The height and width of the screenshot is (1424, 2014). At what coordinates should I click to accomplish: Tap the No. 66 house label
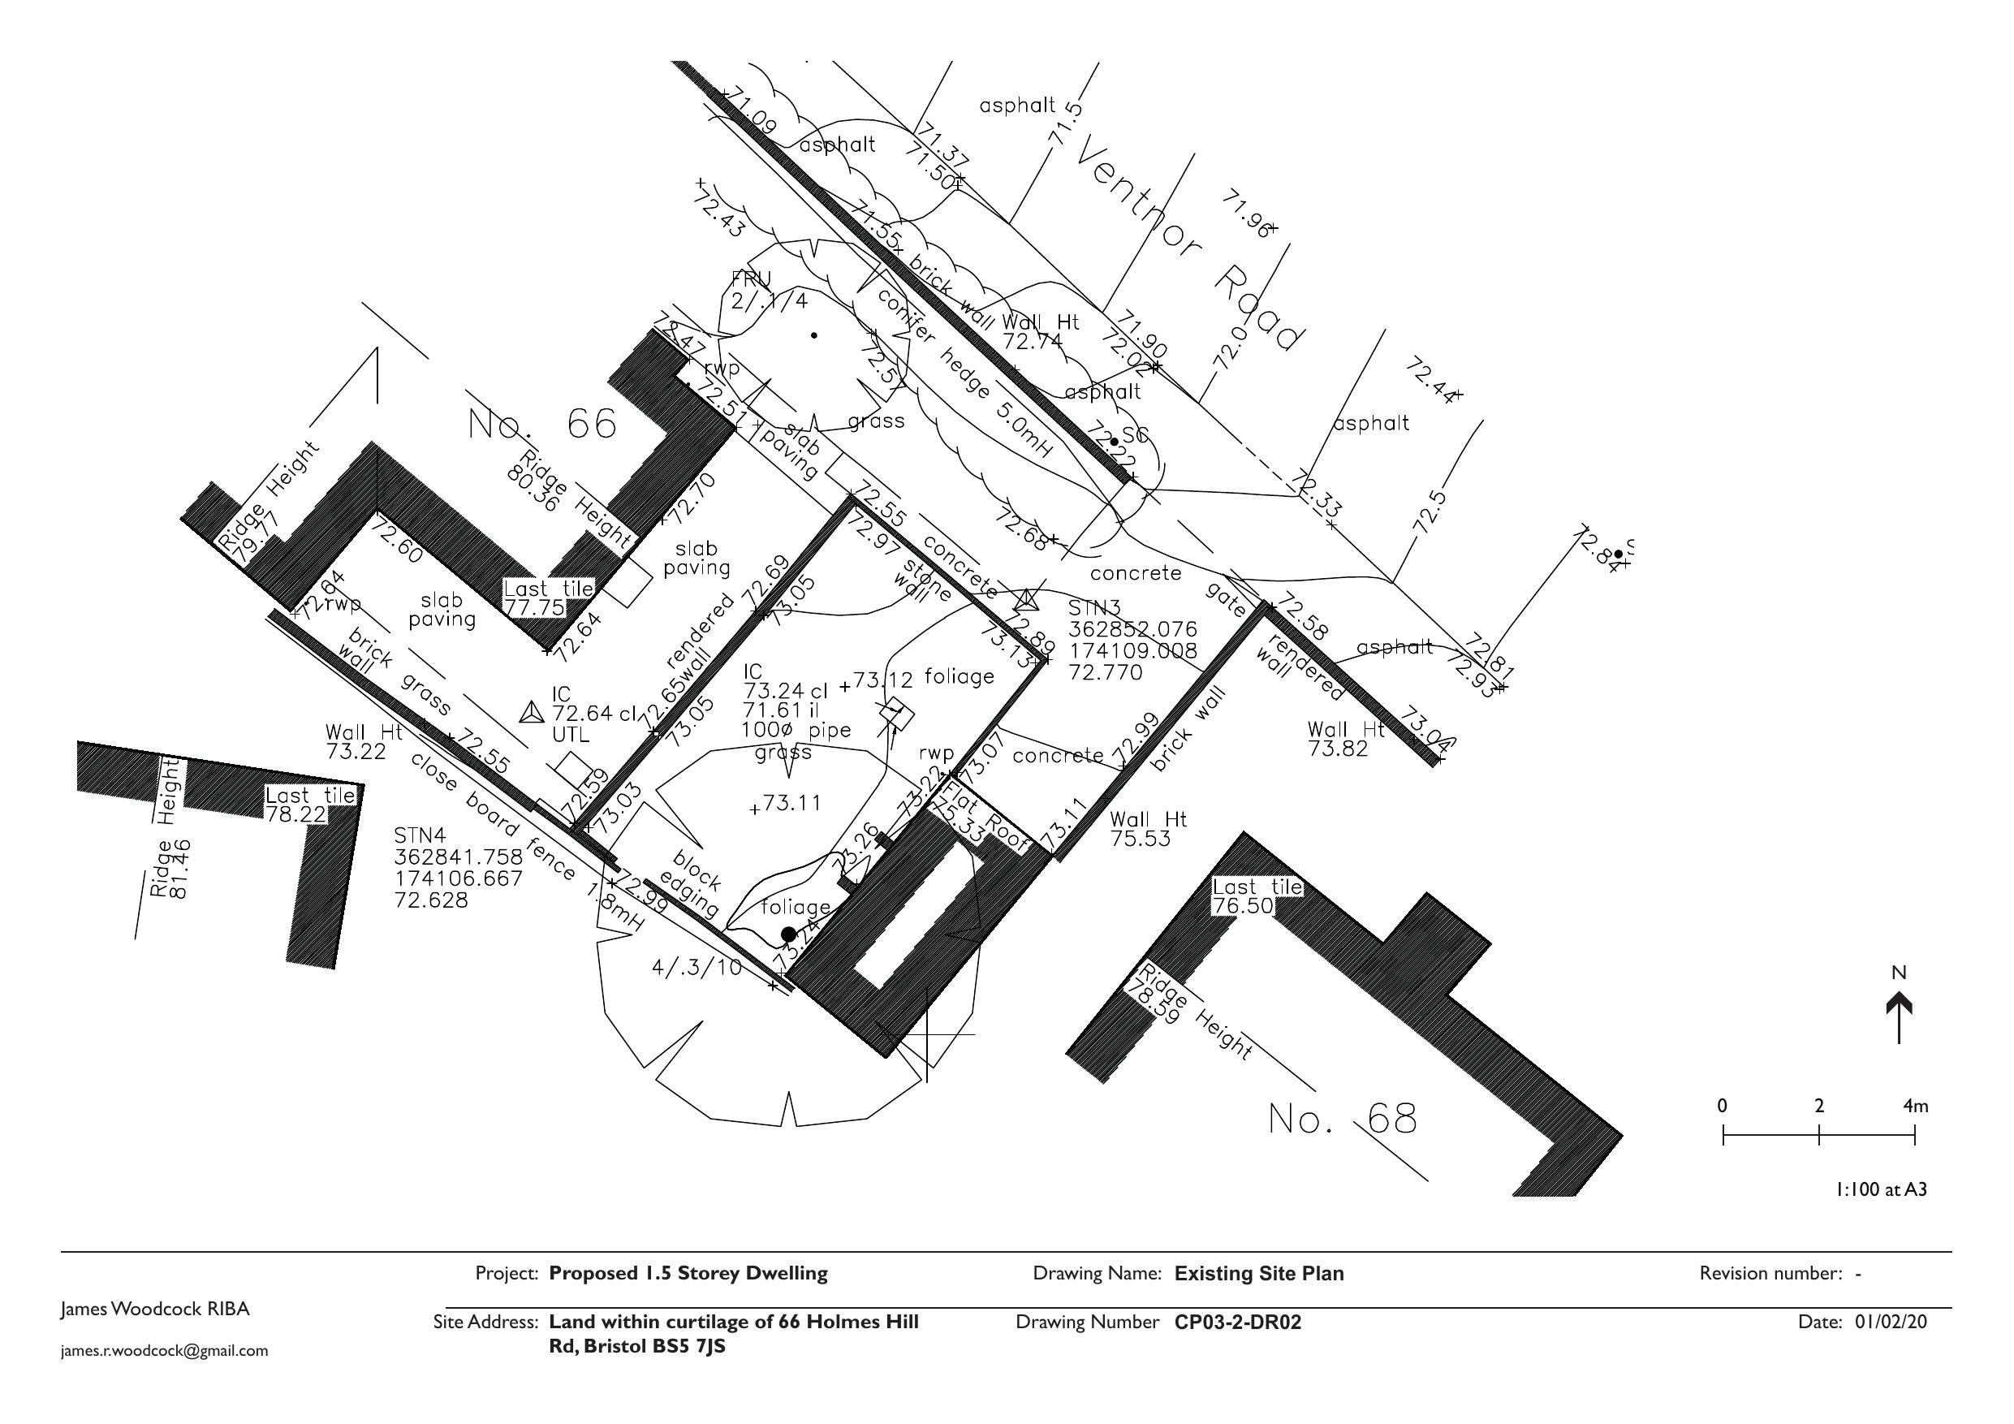[543, 425]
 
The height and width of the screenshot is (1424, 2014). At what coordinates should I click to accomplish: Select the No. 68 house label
[1342, 1119]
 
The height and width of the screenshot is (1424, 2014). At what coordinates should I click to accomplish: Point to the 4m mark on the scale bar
[1915, 1107]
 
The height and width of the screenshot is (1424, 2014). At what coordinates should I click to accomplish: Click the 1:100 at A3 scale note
[1881, 1189]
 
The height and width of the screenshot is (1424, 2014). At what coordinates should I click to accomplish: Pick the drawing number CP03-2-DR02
[1238, 1323]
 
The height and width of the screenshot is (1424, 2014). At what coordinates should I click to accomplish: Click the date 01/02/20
[1891, 1322]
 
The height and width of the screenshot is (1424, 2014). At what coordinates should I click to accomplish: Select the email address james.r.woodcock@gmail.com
[164, 1351]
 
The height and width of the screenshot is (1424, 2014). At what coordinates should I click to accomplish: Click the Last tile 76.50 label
[1256, 895]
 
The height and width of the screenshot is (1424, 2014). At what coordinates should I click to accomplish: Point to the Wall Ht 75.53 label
[1145, 829]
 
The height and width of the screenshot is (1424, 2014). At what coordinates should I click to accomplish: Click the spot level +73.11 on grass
[787, 803]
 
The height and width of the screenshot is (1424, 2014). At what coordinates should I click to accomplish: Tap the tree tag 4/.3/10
[696, 969]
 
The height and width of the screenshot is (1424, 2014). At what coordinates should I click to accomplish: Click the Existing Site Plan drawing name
[1259, 1273]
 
